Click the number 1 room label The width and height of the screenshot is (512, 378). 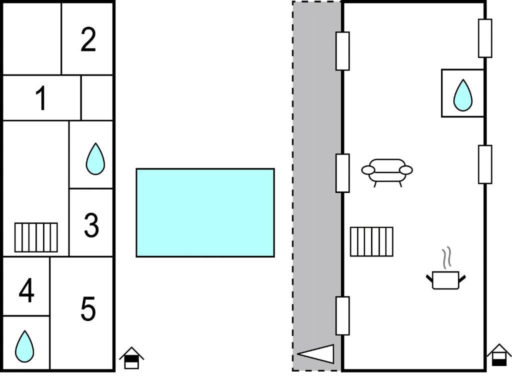coord(41,98)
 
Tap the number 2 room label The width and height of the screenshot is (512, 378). coord(88,39)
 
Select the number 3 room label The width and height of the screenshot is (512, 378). coord(91,225)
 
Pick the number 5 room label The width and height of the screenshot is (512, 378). coord(88,308)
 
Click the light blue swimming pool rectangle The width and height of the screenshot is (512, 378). coord(205,213)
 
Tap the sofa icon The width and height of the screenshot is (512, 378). coord(387,172)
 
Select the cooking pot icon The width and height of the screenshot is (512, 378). coord(445,279)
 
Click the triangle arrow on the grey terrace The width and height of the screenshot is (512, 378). coord(315,354)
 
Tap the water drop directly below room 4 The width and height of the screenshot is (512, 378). coord(24,346)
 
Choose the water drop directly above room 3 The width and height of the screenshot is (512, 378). coord(95,158)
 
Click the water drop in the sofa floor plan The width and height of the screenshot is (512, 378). coord(462,95)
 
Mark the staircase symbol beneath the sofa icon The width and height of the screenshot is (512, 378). coord(371,241)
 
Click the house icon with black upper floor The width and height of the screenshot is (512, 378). coord(131,358)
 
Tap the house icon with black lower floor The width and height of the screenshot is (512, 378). coord(499,355)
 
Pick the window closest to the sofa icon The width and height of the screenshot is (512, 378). coord(342,173)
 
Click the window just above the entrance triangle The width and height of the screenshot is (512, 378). coord(342,315)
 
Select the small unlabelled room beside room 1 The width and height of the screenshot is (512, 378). coord(97,98)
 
